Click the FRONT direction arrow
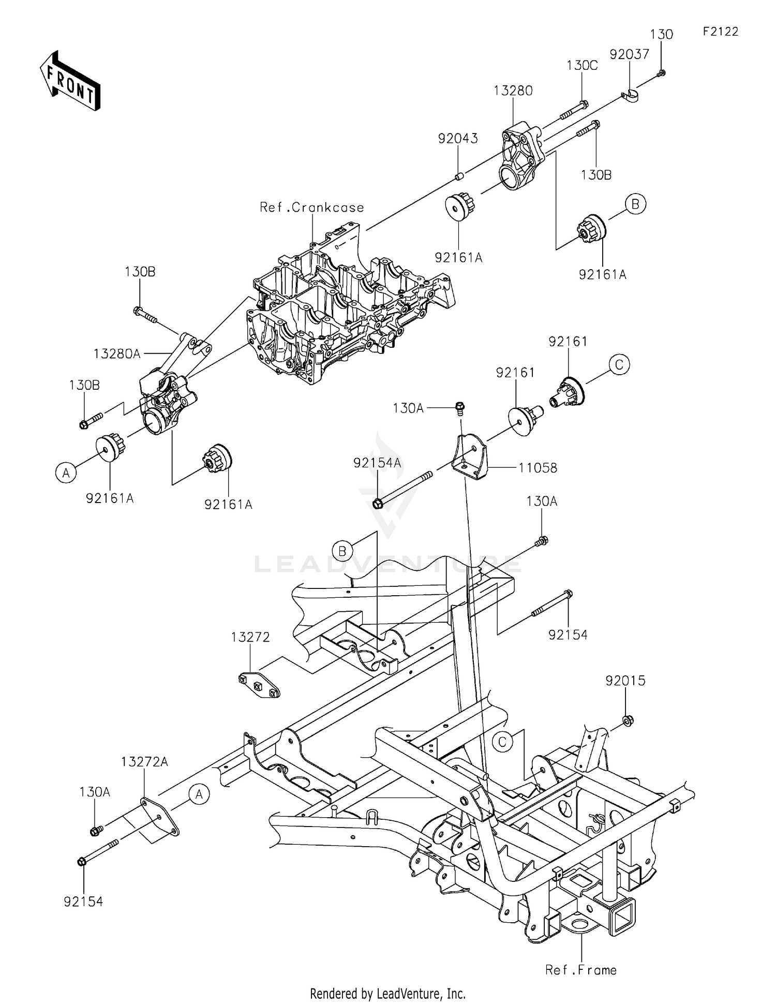[x=69, y=81]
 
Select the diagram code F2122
[x=720, y=32]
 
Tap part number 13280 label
[x=513, y=91]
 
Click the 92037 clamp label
[x=629, y=55]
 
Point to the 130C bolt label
[x=582, y=66]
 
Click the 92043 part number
[x=458, y=139]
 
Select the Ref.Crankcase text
[x=312, y=208]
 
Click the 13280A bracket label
[x=117, y=354]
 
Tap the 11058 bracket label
[x=538, y=468]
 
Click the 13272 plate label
[x=250, y=637]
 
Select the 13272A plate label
[x=145, y=762]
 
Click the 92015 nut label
[x=625, y=681]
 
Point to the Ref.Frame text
[x=581, y=970]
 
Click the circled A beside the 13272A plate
[x=199, y=794]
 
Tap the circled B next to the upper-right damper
[x=635, y=204]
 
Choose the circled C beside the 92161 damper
[x=619, y=365]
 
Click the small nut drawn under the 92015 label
[x=626, y=720]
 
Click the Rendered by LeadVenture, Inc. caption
[x=387, y=994]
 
